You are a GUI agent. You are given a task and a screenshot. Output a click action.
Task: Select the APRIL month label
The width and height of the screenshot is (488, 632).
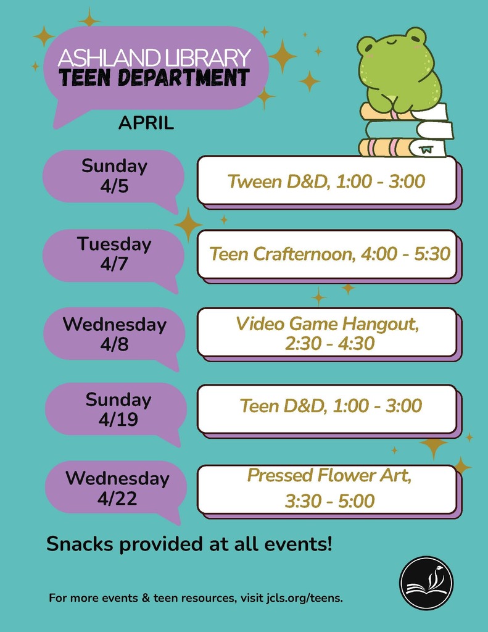pos(146,123)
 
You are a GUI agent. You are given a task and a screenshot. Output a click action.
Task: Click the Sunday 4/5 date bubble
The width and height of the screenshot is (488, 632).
pos(114,176)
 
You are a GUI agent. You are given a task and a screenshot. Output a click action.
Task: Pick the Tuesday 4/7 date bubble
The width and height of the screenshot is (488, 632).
pos(114,254)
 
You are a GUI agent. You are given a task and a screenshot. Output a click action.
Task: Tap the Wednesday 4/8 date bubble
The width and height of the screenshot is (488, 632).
pos(114,334)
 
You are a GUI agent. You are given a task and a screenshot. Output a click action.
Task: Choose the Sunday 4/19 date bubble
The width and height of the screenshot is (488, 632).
pos(117,409)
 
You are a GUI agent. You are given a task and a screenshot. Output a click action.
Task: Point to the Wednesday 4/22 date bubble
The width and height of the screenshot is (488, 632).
pos(117,488)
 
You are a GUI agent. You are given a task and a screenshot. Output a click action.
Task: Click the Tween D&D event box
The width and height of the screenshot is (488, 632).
pos(326,181)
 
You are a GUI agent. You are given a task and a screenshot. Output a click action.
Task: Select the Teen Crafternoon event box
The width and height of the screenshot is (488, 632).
pos(326,254)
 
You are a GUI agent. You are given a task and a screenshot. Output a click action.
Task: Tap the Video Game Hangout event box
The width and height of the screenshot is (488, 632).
pos(326,333)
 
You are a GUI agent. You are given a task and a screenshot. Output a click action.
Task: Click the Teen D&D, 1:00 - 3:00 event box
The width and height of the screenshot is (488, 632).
pos(326,406)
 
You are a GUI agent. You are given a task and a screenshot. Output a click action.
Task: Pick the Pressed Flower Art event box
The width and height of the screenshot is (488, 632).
pos(326,488)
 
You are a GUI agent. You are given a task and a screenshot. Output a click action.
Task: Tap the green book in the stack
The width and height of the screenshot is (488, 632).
pos(407,130)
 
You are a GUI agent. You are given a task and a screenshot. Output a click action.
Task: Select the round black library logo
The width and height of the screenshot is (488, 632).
pos(426,583)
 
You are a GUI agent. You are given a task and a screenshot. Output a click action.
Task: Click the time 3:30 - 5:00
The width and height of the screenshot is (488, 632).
pos(329,501)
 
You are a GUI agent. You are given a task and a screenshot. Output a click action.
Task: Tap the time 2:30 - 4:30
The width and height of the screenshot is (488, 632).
pos(329,343)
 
